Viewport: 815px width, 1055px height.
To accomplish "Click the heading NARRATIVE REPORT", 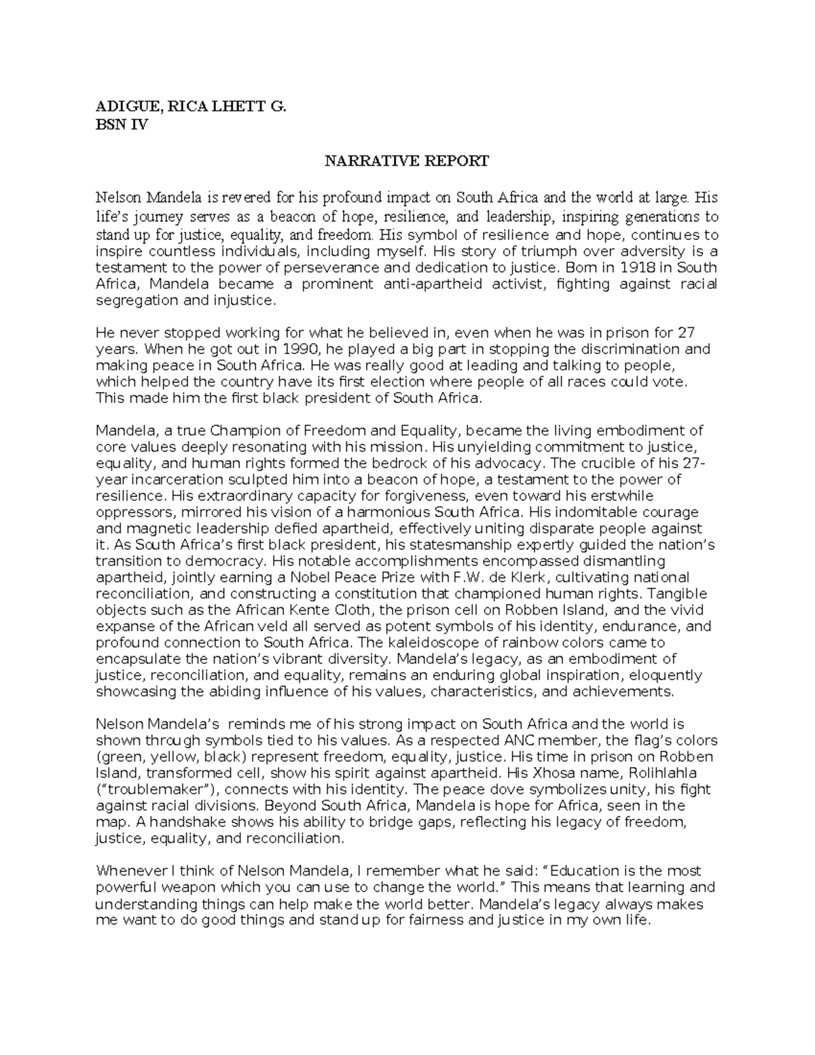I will click(x=406, y=161).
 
